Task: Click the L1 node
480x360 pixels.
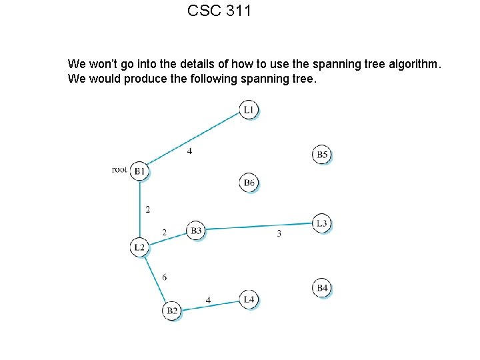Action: (248, 109)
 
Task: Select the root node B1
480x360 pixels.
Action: (139, 171)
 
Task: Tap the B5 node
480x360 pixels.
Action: (322, 155)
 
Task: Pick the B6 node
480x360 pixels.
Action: (249, 182)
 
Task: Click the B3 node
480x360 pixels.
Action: (196, 231)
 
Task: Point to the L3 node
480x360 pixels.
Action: (322, 223)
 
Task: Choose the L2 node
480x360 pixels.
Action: (139, 247)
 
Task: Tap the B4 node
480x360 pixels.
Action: (322, 288)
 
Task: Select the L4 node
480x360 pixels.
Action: (249, 300)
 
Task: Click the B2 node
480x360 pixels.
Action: (172, 311)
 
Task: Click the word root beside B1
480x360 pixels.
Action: (119, 170)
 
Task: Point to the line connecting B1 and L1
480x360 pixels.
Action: (193, 137)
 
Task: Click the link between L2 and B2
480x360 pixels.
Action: (155, 279)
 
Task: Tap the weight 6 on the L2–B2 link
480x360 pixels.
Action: (164, 277)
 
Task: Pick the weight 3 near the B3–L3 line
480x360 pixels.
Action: (279, 233)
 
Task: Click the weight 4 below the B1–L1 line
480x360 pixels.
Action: (189, 151)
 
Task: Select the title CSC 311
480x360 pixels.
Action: (219, 11)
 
